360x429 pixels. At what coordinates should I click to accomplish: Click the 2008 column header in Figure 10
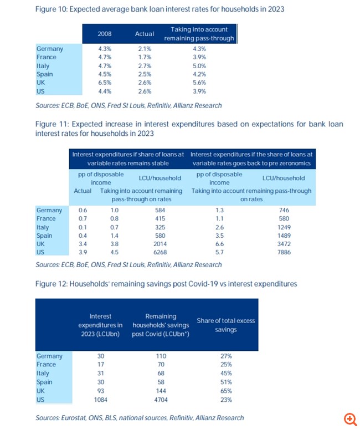click(105, 34)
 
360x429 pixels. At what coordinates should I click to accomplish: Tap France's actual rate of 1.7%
click(145, 57)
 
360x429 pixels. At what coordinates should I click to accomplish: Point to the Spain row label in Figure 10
click(44, 74)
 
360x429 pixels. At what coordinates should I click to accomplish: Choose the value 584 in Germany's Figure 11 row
click(161, 210)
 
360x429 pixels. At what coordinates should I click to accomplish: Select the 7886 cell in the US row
click(282, 252)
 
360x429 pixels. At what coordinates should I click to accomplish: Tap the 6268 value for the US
click(161, 252)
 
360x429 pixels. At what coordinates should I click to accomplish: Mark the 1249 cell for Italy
click(282, 227)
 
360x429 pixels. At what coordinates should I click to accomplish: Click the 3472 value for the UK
click(282, 244)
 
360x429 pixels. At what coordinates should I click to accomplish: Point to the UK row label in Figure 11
click(41, 244)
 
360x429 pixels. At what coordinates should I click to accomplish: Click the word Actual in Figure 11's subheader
click(83, 191)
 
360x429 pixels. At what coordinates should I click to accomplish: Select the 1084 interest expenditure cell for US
click(100, 399)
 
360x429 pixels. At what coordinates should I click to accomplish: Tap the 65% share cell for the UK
click(225, 390)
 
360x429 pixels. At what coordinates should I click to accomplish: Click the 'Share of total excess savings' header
click(225, 325)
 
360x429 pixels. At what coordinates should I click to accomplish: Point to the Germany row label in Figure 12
click(49, 356)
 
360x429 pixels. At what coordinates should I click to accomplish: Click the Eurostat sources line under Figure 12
click(139, 417)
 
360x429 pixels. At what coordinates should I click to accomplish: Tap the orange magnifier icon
click(349, 418)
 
